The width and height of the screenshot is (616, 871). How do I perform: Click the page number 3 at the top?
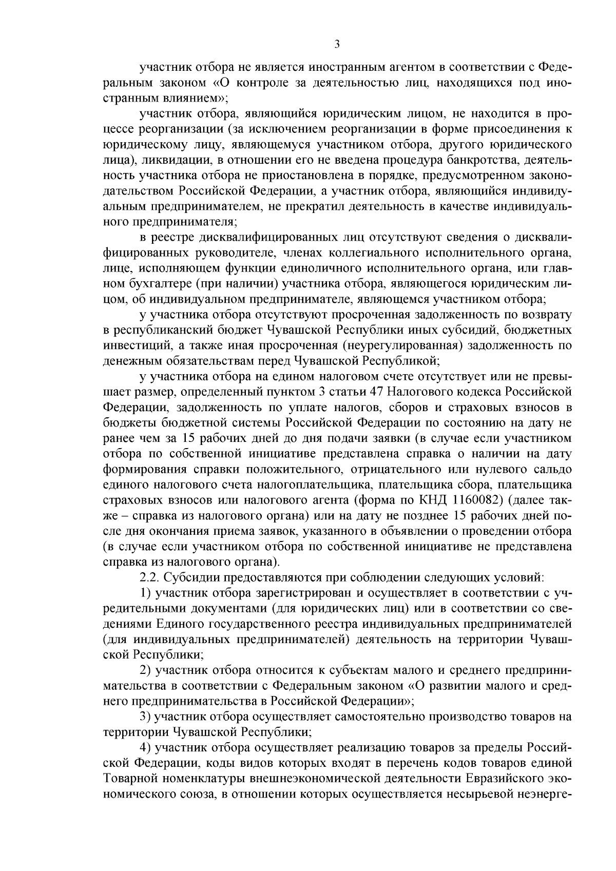click(x=337, y=45)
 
